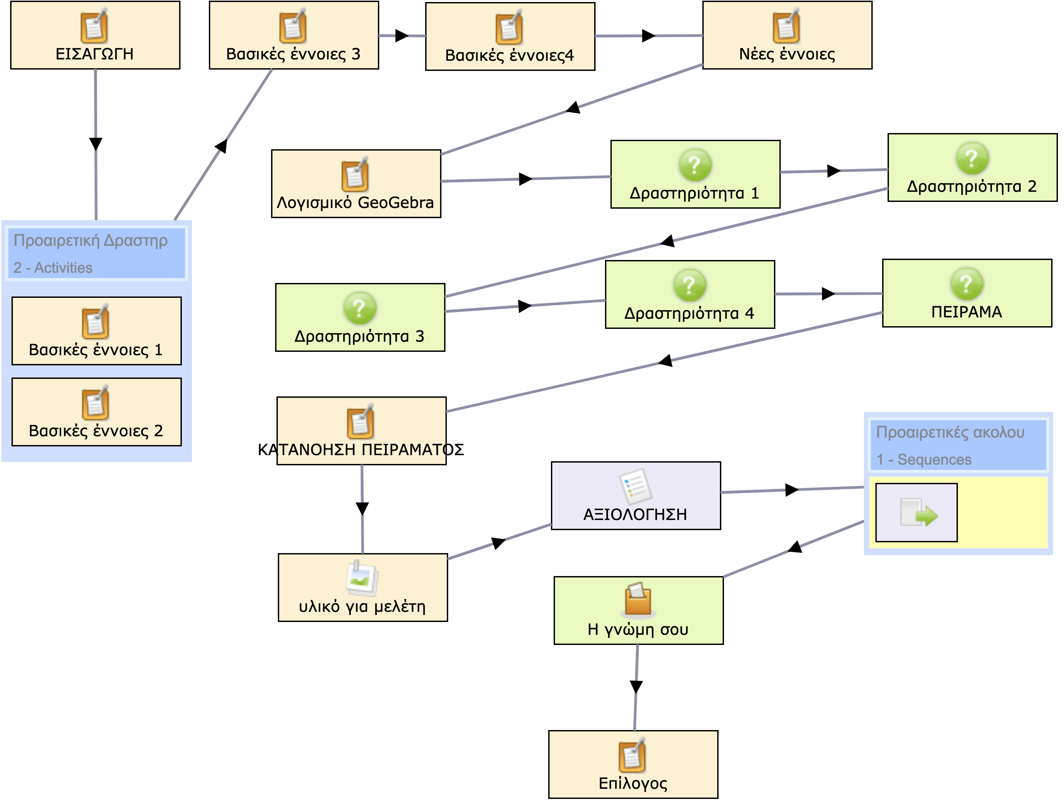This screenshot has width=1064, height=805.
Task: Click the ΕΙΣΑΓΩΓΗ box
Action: click(x=95, y=35)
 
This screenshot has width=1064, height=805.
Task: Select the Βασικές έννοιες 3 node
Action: click(x=293, y=35)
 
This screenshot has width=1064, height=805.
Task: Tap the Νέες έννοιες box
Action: click(x=787, y=35)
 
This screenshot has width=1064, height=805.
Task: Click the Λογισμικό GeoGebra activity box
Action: click(x=356, y=184)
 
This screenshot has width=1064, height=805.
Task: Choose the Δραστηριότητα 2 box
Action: click(x=972, y=167)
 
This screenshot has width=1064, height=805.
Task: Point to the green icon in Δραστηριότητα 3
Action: click(x=359, y=308)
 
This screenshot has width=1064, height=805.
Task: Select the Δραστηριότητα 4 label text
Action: click(x=689, y=313)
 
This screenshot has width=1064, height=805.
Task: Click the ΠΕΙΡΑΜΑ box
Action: click(x=967, y=293)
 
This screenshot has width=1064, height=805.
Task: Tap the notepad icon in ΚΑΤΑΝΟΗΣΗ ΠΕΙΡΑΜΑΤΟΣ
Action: click(x=361, y=422)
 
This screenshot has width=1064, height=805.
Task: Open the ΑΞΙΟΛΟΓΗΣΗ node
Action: click(x=635, y=495)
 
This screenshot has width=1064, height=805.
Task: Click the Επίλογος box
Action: click(x=633, y=764)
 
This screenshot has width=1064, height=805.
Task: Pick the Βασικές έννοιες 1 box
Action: click(x=96, y=331)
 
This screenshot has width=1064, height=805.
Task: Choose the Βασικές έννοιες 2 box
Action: click(x=96, y=412)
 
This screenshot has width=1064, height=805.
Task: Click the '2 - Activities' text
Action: click(x=53, y=268)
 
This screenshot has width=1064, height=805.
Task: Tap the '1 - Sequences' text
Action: click(x=923, y=460)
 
